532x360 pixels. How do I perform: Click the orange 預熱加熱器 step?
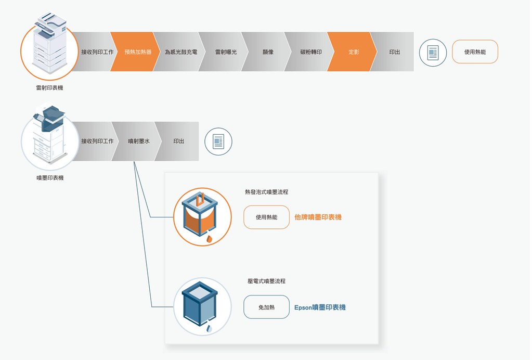[x=136, y=52]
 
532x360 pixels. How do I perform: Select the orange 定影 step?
[x=352, y=52]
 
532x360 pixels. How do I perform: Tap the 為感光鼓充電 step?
[x=180, y=52]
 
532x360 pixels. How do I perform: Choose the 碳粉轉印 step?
[x=310, y=52]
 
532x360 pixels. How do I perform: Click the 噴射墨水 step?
[x=137, y=141]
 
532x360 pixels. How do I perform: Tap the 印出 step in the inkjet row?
[x=178, y=141]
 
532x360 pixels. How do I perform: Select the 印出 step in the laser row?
[x=394, y=52]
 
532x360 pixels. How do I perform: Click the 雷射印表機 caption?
[x=49, y=87]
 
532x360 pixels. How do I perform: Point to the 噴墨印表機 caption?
[x=50, y=177]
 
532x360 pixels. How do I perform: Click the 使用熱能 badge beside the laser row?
[x=475, y=52]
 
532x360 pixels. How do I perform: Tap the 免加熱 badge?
[x=266, y=307]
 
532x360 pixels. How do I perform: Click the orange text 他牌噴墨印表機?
[x=318, y=217]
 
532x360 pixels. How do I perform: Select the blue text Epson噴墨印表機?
[x=320, y=307]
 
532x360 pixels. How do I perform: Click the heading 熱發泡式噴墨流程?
[x=267, y=192]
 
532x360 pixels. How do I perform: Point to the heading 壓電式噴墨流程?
[x=267, y=281]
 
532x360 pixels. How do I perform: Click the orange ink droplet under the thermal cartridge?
[x=209, y=239]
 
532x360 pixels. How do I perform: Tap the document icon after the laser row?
[x=433, y=53]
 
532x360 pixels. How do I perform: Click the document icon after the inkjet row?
[x=218, y=142]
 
